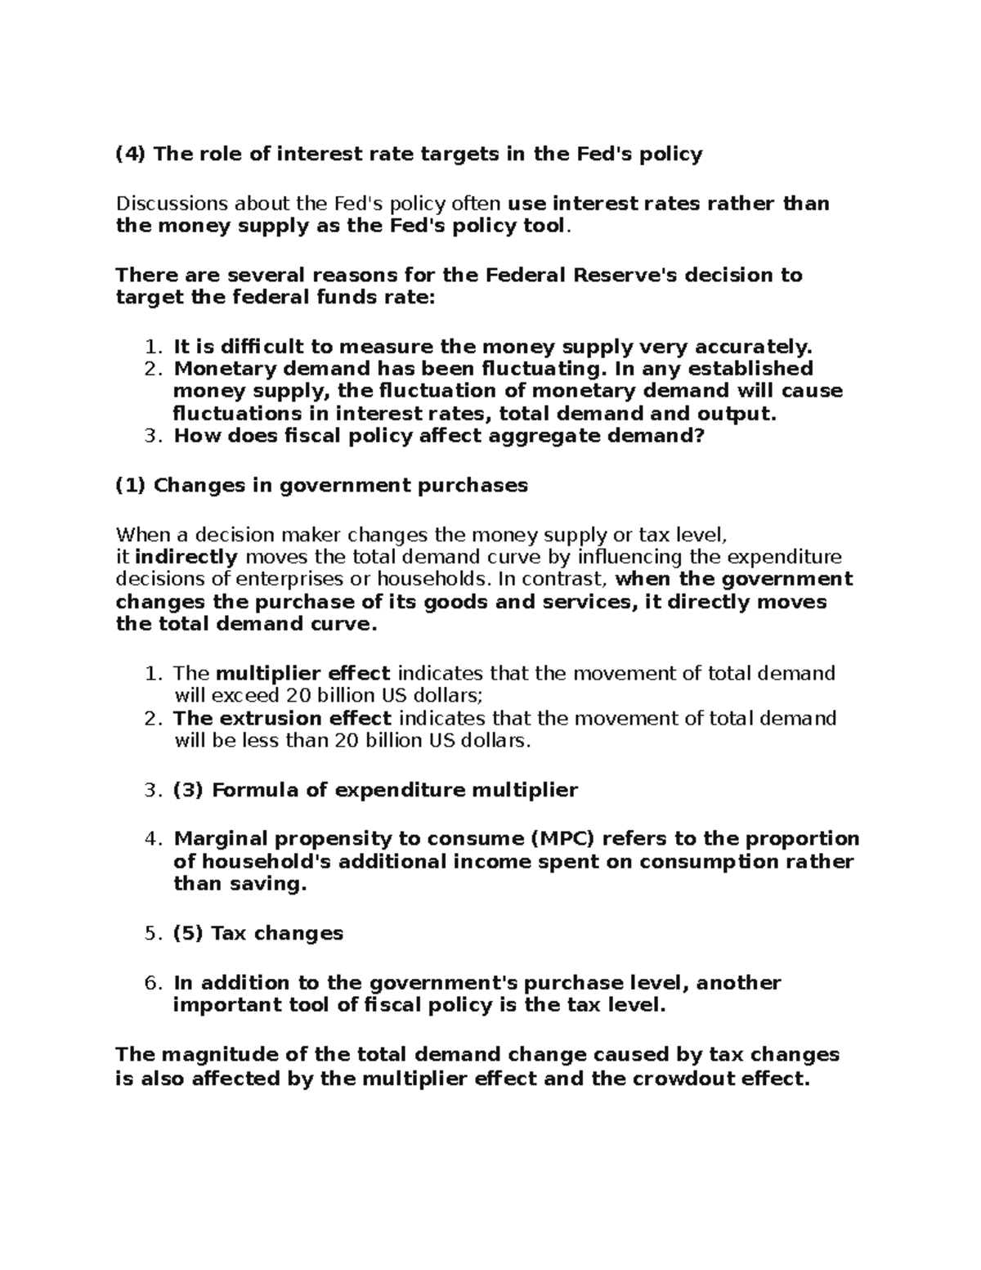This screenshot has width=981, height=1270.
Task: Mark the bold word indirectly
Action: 186,558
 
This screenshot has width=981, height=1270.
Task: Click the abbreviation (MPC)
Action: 576,839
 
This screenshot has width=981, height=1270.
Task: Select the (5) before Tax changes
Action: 188,934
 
